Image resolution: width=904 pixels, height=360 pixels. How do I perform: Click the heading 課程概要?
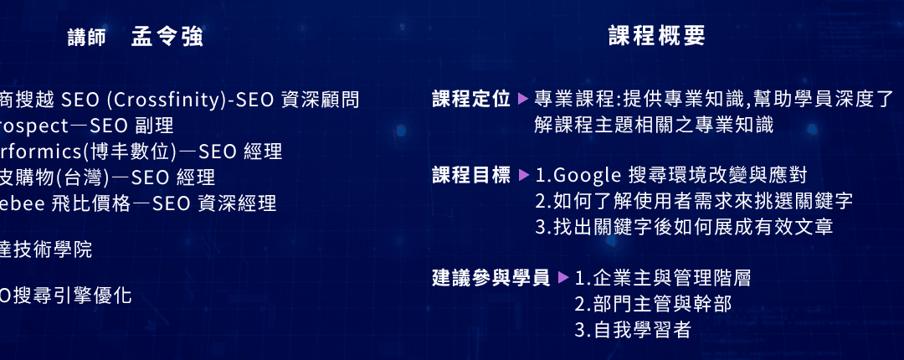657,35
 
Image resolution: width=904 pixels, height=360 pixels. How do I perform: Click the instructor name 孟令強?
167,37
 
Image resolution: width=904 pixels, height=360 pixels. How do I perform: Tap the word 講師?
87,38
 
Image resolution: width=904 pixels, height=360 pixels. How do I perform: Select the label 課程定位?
471,99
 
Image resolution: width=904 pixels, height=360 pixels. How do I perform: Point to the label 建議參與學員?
491,277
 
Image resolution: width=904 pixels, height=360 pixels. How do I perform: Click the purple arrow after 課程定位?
523,99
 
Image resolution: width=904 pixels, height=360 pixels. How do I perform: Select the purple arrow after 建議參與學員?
563,277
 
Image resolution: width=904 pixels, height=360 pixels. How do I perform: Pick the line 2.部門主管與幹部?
653,303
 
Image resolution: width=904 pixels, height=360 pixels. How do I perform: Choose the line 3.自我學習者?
633,329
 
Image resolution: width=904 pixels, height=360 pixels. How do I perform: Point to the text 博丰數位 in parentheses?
105,152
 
